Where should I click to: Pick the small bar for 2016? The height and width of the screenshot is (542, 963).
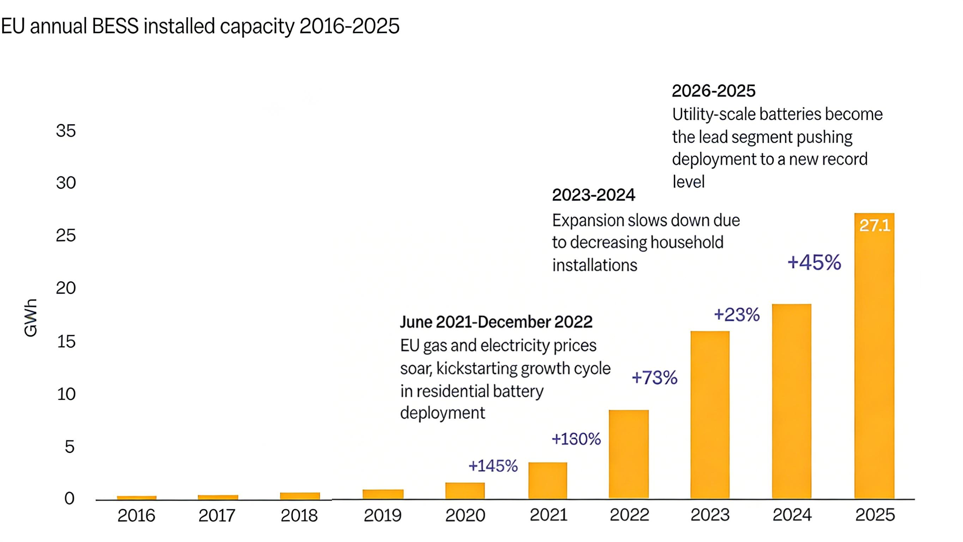click(137, 498)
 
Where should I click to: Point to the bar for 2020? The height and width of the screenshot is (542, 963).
click(465, 491)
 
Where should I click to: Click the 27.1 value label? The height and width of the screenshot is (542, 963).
click(875, 225)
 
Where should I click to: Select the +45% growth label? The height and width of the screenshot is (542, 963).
click(814, 262)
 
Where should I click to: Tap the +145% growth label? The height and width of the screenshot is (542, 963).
click(493, 466)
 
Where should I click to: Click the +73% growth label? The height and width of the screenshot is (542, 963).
click(654, 378)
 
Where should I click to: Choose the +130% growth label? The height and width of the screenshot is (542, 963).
click(576, 439)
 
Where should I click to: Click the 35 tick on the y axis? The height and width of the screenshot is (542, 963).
click(66, 131)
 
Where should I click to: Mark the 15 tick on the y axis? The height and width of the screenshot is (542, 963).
click(66, 342)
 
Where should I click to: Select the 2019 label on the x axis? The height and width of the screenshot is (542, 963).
click(382, 516)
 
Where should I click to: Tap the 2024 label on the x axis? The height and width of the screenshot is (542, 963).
click(792, 515)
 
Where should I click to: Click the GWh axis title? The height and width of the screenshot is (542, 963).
click(31, 318)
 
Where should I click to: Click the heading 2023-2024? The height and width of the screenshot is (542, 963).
click(593, 195)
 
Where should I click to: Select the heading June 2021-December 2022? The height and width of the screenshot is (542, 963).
click(496, 322)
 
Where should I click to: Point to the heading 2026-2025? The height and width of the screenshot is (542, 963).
click(713, 91)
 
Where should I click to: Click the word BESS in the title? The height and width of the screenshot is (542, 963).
click(115, 26)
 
